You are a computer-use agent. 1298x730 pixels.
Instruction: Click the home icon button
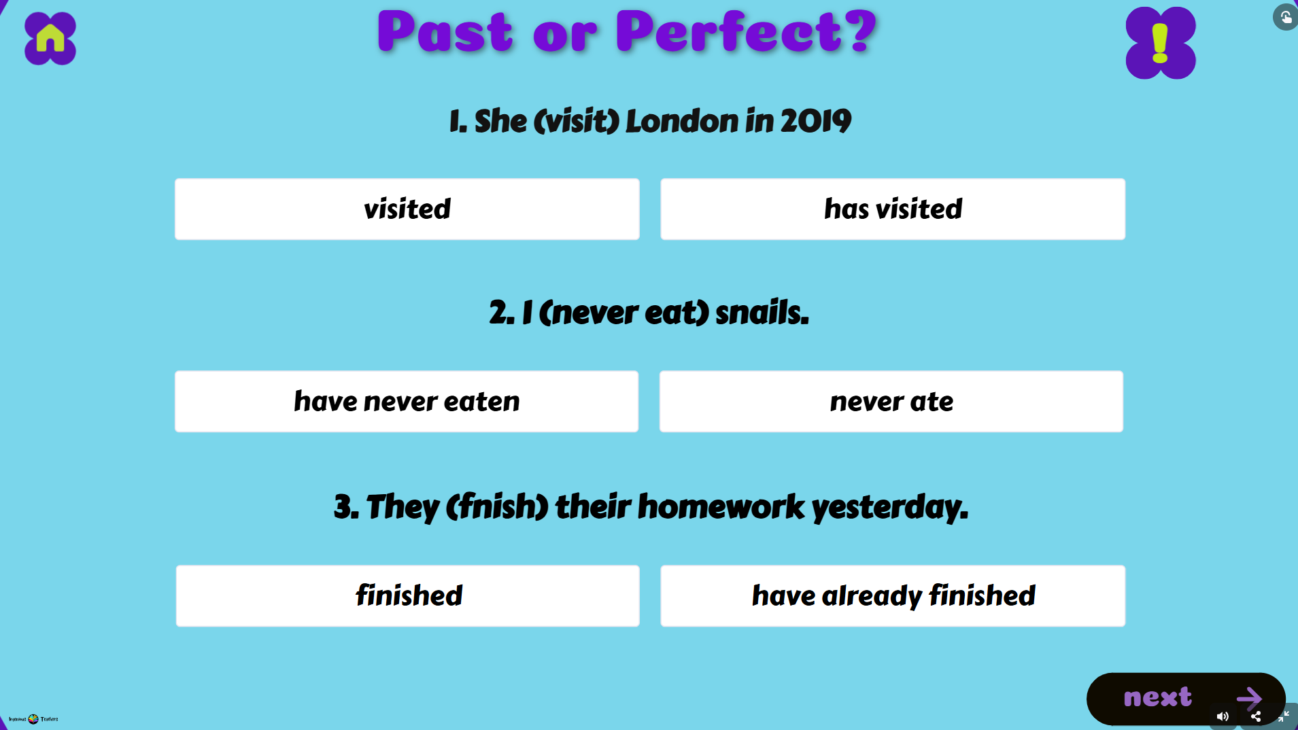(x=50, y=39)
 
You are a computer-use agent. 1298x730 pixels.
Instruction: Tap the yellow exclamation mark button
(x=1160, y=43)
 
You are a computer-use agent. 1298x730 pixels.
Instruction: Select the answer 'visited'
(x=407, y=209)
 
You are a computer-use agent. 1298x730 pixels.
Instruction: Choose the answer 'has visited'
(x=892, y=209)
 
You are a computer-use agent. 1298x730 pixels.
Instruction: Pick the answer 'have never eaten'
(x=406, y=402)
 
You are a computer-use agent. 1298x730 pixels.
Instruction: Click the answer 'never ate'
(x=891, y=402)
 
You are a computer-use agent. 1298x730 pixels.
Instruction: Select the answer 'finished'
(x=407, y=596)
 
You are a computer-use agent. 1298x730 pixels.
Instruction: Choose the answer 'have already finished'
(x=892, y=596)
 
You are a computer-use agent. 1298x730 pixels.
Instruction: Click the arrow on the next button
(x=1248, y=697)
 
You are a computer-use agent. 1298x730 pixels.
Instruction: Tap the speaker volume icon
(x=1222, y=716)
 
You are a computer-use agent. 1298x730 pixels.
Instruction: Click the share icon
(x=1256, y=716)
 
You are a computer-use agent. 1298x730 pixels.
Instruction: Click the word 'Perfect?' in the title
(x=745, y=32)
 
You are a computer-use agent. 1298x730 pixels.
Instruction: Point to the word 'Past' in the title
(x=445, y=32)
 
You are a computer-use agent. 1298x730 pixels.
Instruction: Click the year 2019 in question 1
(x=815, y=122)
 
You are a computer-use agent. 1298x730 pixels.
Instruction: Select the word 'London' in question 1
(x=681, y=122)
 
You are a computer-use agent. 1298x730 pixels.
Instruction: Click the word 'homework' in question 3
(x=721, y=507)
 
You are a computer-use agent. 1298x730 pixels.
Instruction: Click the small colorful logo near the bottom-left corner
(x=33, y=718)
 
